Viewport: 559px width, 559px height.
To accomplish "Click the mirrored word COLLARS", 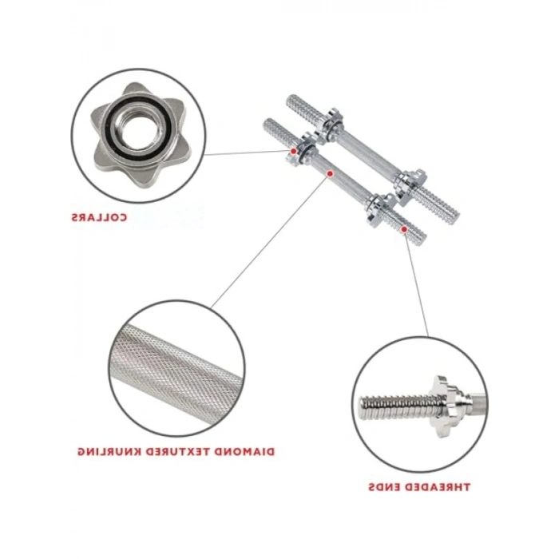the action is [x=99, y=217].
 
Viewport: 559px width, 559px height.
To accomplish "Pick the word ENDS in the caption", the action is [x=385, y=486].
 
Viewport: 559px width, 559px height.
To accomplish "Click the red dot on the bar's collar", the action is [x=293, y=151].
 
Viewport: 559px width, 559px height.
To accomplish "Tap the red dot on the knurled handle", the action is [x=330, y=174].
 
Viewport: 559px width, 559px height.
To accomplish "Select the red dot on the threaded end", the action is [x=404, y=229].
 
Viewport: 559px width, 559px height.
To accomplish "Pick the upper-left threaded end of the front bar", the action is [x=280, y=131].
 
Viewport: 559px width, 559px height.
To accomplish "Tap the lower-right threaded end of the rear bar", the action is [x=438, y=201].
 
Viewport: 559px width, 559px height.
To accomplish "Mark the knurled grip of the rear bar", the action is [x=367, y=153].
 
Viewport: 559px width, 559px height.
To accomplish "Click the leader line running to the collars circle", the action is [x=248, y=153].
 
